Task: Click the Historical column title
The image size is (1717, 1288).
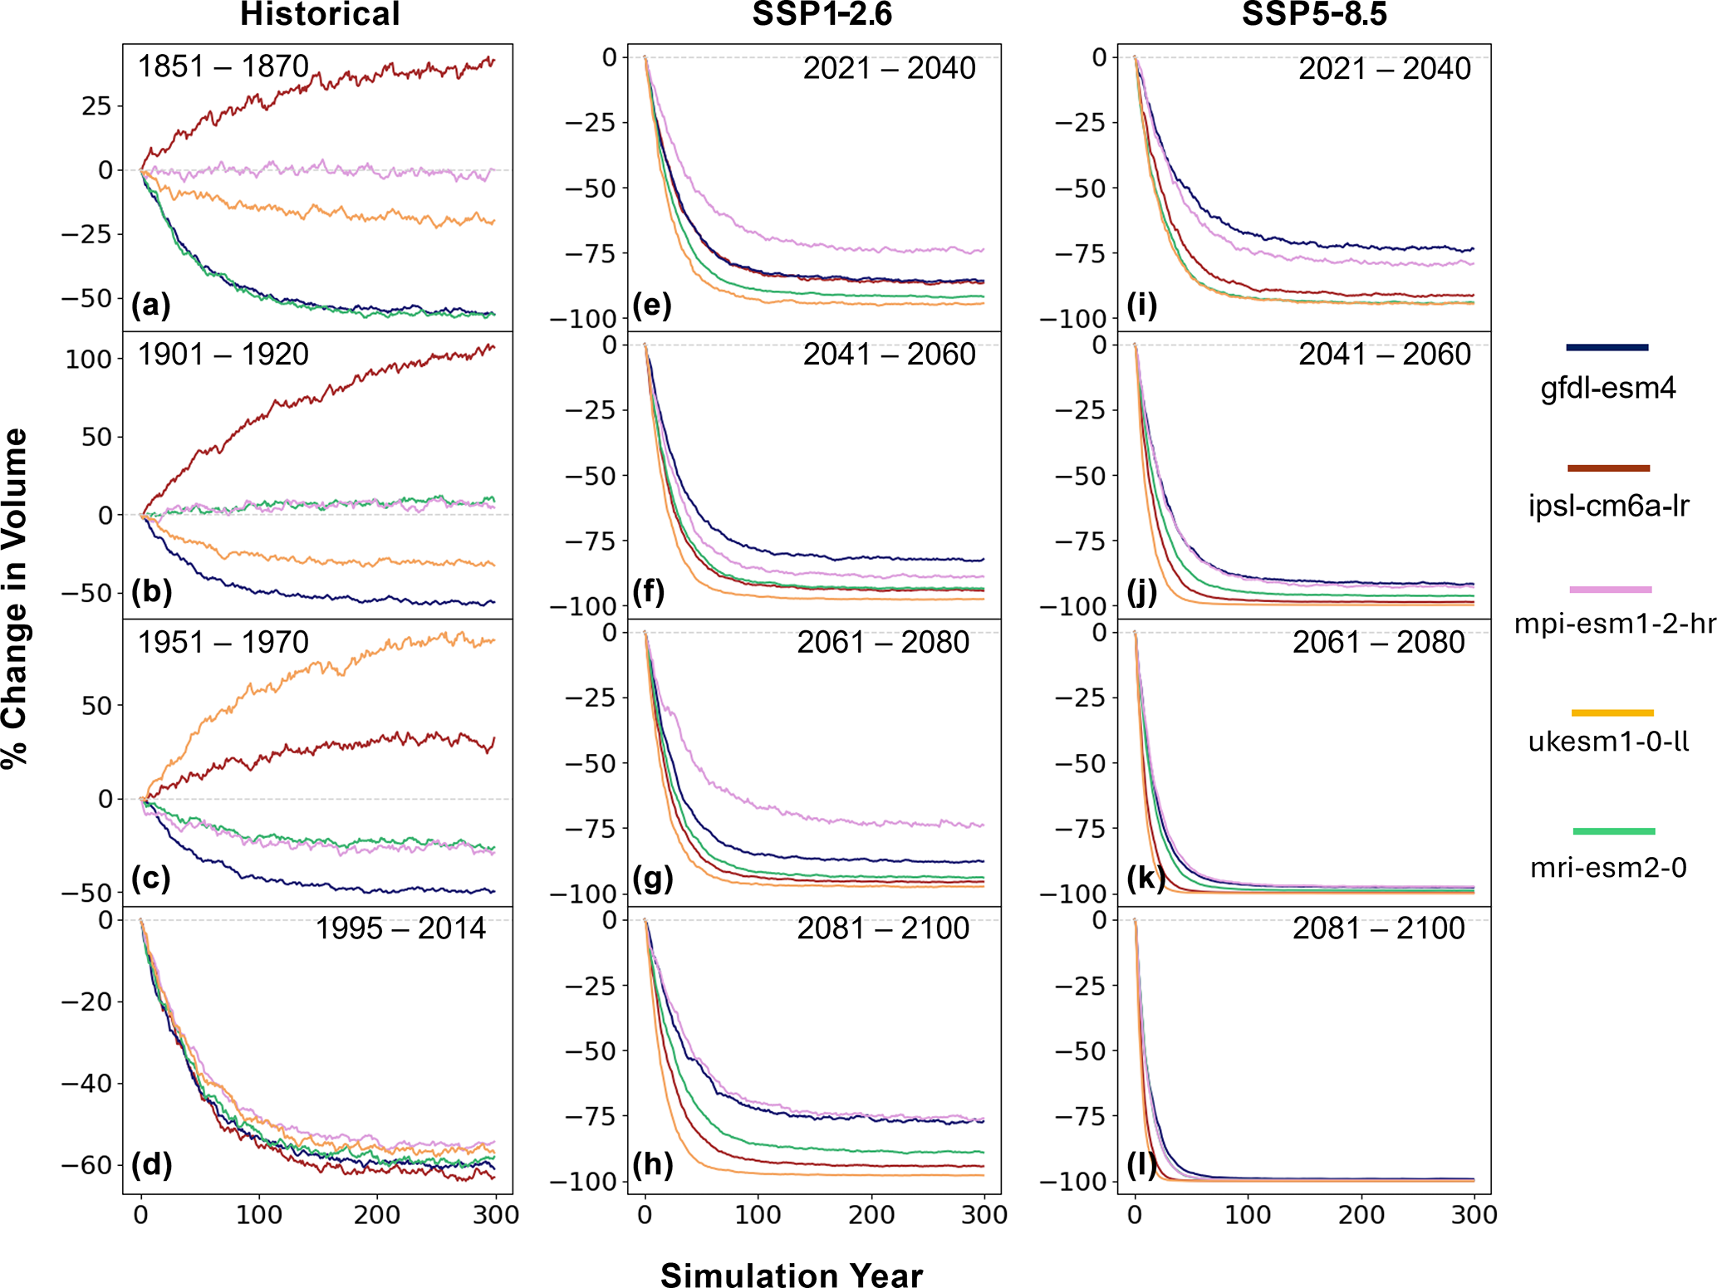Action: click(x=320, y=15)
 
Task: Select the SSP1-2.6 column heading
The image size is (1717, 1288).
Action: click(x=822, y=15)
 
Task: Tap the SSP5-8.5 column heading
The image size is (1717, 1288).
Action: click(x=1313, y=15)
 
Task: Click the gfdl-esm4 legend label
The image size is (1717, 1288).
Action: click(x=1608, y=388)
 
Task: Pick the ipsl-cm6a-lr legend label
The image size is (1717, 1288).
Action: click(x=1608, y=506)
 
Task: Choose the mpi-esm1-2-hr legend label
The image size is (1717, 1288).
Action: click(x=1614, y=623)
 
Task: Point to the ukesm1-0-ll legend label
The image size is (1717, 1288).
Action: click(x=1608, y=741)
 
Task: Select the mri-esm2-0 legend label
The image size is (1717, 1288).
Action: click(x=1608, y=868)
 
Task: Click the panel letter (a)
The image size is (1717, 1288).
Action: click(x=151, y=306)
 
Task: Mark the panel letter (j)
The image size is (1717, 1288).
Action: click(x=1143, y=591)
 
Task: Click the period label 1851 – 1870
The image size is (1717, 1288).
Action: click(x=223, y=66)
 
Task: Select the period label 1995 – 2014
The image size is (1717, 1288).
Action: click(x=400, y=928)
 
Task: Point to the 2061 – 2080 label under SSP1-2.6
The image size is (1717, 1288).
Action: click(x=883, y=643)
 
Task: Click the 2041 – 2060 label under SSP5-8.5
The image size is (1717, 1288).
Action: click(x=1385, y=355)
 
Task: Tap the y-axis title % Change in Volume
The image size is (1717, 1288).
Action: click(x=15, y=598)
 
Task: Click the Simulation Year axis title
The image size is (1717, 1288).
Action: click(x=791, y=1276)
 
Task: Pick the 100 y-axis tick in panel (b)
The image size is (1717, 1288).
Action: click(x=88, y=360)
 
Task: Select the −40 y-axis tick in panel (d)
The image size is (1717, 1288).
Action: click(x=86, y=1084)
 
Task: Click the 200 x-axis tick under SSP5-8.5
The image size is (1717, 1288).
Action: click(x=1361, y=1215)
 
